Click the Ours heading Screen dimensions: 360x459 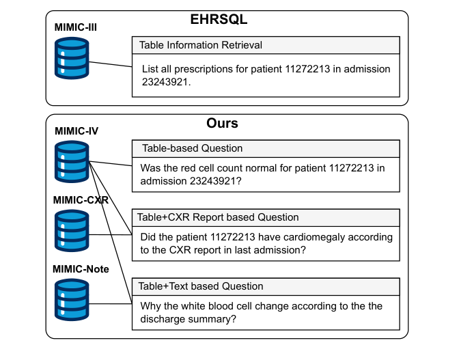222,124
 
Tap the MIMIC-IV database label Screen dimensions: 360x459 76,132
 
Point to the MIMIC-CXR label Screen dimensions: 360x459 81,200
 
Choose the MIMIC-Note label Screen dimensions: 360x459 81,269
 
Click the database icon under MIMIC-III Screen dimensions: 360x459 72,58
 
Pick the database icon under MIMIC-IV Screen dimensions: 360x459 72,162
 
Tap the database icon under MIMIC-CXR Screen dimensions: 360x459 72,232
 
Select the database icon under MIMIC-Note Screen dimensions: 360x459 72,301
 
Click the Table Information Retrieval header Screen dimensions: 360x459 201,45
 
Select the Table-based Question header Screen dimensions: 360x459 192,148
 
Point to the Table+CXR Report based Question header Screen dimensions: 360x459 219,217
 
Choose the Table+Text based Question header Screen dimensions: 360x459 201,286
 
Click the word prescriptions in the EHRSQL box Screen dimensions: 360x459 204,69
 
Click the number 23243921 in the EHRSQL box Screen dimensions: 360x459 164,82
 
